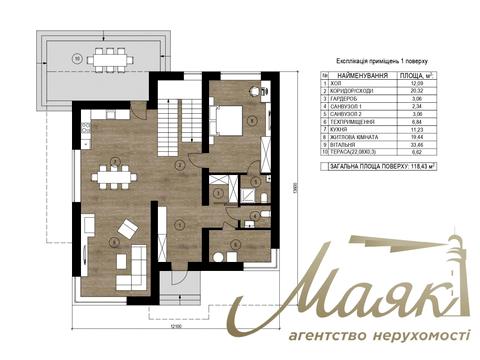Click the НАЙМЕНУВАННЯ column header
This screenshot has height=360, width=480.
point(364,75)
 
